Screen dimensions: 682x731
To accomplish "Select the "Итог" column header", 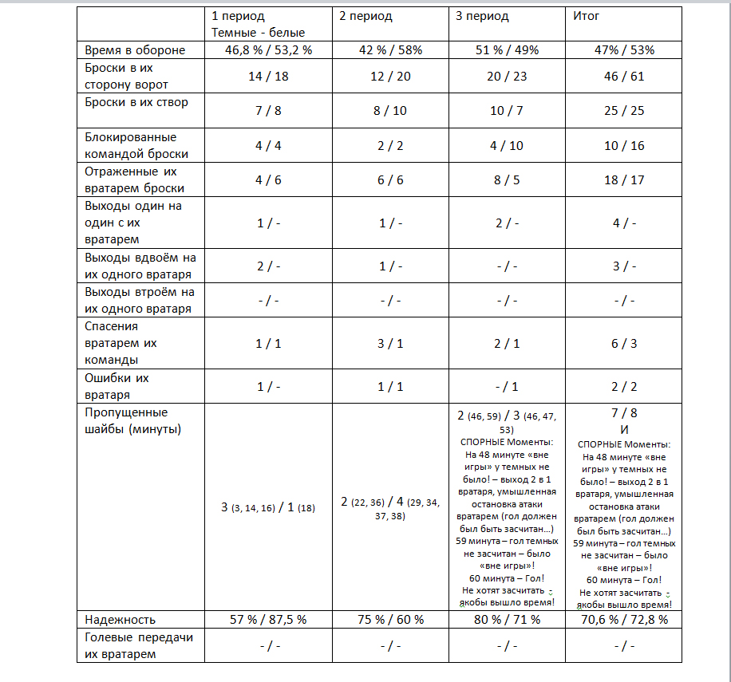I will pos(587,16).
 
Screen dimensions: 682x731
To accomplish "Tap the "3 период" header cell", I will pos(482,16).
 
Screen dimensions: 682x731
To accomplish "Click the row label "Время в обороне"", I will pos(135,50).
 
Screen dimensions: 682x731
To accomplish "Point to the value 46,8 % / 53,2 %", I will pos(267,50).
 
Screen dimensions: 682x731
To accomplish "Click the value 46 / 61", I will pos(624,77).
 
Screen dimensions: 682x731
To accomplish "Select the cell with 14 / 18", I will pos(268,77).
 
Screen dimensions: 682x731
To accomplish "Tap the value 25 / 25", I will pos(624,111).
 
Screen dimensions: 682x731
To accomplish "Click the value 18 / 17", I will pos(624,180).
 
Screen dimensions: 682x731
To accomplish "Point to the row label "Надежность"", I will pos(121,619).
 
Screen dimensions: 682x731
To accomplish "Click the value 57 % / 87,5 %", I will pos(268,619).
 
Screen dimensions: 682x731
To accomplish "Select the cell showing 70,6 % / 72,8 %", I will pos(624,619).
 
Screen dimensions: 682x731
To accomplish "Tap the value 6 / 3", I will pos(624,344).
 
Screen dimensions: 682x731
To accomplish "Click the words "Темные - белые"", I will pos(258,33).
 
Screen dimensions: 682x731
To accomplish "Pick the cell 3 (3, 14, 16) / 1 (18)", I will pos(268,507).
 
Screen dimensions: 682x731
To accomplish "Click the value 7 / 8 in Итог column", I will pos(624,415).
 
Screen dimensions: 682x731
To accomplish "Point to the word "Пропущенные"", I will pos(126,412).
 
